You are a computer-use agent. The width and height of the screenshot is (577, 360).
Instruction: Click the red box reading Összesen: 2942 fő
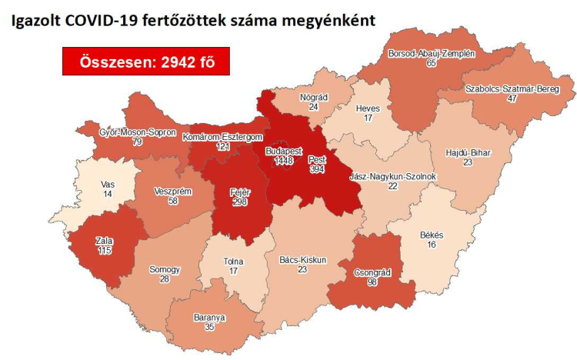146,62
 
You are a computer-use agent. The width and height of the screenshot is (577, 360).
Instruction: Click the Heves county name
368,108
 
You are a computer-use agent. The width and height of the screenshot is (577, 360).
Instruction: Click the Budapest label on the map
283,151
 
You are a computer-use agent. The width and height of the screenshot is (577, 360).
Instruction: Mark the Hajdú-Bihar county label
468,152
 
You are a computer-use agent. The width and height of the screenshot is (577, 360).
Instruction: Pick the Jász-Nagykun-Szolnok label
393,176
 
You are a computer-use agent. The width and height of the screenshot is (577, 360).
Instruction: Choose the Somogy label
165,269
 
